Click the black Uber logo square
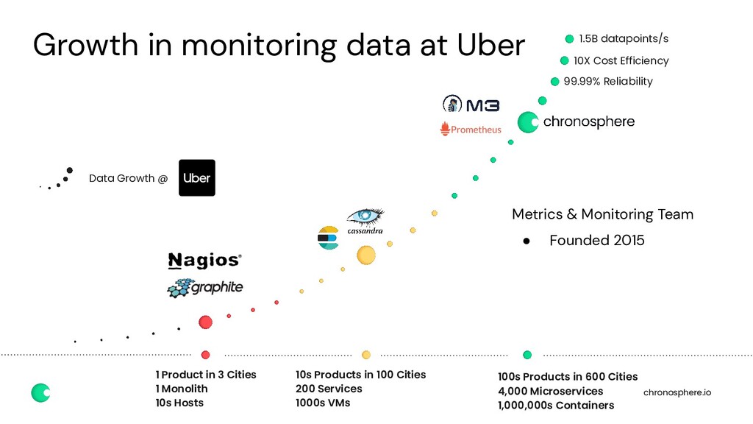click(x=197, y=178)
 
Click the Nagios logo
click(x=204, y=261)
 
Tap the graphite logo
click(x=205, y=288)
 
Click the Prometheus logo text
click(x=471, y=130)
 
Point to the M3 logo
click(x=471, y=105)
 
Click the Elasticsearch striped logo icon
click(x=328, y=238)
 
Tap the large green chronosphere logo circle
click(x=528, y=122)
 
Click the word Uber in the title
click(x=491, y=46)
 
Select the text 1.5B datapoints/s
click(x=624, y=39)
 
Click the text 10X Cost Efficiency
click(x=621, y=60)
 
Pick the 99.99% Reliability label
click(x=608, y=82)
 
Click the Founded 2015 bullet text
click(x=596, y=241)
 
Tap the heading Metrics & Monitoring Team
click(x=602, y=214)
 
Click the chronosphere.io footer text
click(x=677, y=393)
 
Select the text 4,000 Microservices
click(x=550, y=391)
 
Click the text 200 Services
click(x=329, y=389)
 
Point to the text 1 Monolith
click(x=181, y=389)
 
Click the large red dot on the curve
click(x=206, y=322)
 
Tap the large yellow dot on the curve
click(x=366, y=255)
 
